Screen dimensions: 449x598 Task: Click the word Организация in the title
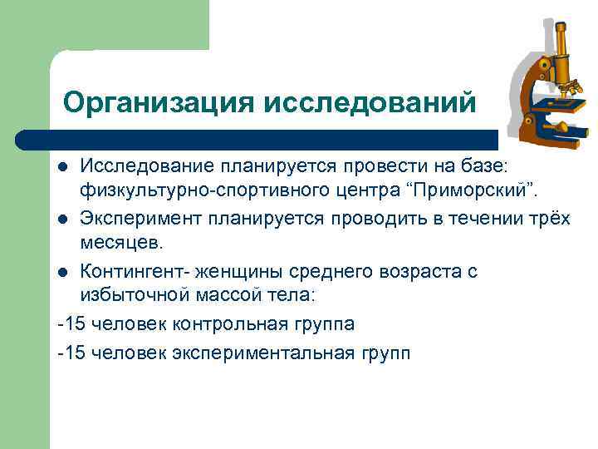pyautogui.click(x=159, y=102)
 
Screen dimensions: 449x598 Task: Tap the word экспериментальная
pyautogui.click(x=266, y=353)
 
